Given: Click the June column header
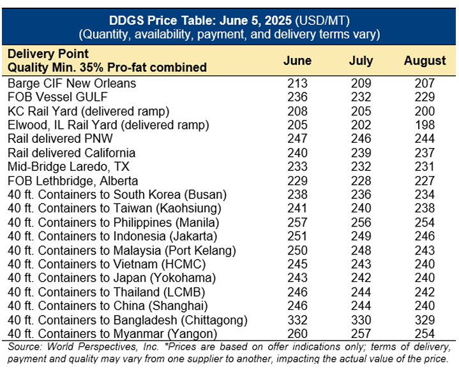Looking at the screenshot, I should tap(297, 61).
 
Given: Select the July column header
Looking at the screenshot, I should tap(361, 61).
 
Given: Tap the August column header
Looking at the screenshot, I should tap(425, 61).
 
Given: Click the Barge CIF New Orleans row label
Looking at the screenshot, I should tap(71, 84).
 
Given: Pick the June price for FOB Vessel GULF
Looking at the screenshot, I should tap(297, 98).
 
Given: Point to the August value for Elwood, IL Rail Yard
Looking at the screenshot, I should tap(425, 125).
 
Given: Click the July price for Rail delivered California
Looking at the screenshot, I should tap(361, 153).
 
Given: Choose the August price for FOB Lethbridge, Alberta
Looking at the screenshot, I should tap(425, 181).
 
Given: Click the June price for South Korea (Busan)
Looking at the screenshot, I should tap(297, 195).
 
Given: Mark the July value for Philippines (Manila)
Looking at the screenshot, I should tap(361, 223).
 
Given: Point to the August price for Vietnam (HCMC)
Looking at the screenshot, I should tap(425, 264).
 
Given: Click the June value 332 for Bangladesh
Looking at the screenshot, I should tap(297, 320).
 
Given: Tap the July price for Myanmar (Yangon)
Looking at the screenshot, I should tap(361, 334).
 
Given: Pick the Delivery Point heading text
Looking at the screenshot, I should tap(48, 54).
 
